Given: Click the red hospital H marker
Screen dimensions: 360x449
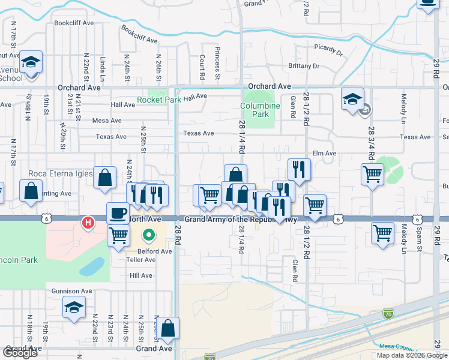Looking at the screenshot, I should pos(88,223).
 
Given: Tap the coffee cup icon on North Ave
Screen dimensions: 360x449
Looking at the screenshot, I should pos(118,212).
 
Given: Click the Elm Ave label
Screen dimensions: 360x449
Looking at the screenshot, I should pos(324,154).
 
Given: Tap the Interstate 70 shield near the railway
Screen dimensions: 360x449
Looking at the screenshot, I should pos(389,313).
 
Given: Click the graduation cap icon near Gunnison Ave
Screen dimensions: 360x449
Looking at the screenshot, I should pos(74,308).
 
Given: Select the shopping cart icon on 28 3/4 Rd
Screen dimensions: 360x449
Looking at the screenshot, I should pos(372,175).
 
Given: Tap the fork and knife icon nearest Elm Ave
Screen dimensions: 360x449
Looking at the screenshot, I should pos(298,169).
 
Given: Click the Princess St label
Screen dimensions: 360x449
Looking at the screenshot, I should pos(218,63).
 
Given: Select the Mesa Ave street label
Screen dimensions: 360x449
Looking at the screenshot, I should pos(107,121).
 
